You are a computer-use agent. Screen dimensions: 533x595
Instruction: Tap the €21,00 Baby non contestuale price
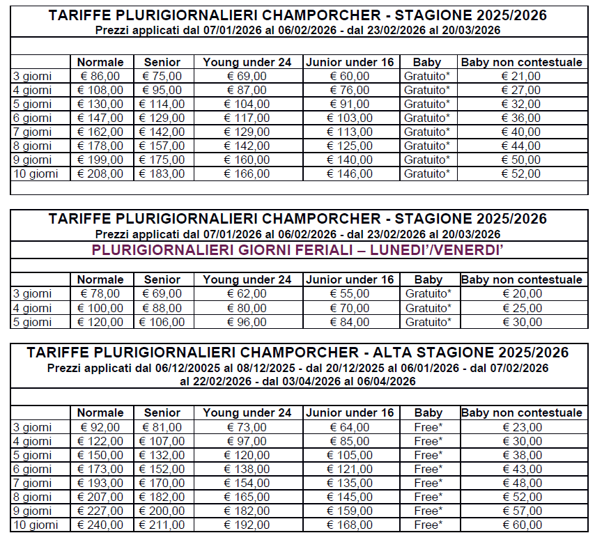(522, 76)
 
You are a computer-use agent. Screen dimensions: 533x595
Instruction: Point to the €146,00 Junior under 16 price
(350, 173)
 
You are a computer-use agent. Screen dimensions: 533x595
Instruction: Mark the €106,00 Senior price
(162, 322)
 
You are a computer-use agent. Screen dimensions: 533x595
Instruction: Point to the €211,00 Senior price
(162, 525)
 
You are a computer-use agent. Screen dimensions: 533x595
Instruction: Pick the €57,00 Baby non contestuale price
(522, 511)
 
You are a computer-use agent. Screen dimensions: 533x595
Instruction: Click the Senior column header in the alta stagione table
(162, 412)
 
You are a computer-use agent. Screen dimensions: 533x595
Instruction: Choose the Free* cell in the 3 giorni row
(427, 427)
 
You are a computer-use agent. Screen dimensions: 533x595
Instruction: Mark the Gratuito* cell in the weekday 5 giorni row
(427, 322)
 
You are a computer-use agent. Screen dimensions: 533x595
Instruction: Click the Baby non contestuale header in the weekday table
(522, 279)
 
